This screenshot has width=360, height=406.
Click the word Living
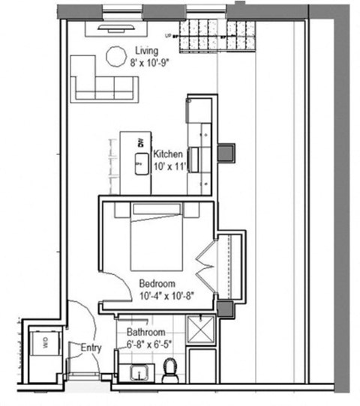[147, 51]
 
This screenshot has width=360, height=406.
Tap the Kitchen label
[166, 154]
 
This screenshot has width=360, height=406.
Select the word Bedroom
[157, 284]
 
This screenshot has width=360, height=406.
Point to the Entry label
[91, 347]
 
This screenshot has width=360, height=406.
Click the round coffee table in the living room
[116, 56]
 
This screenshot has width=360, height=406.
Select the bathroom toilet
[171, 369]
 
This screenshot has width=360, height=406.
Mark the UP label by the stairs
[166, 34]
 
